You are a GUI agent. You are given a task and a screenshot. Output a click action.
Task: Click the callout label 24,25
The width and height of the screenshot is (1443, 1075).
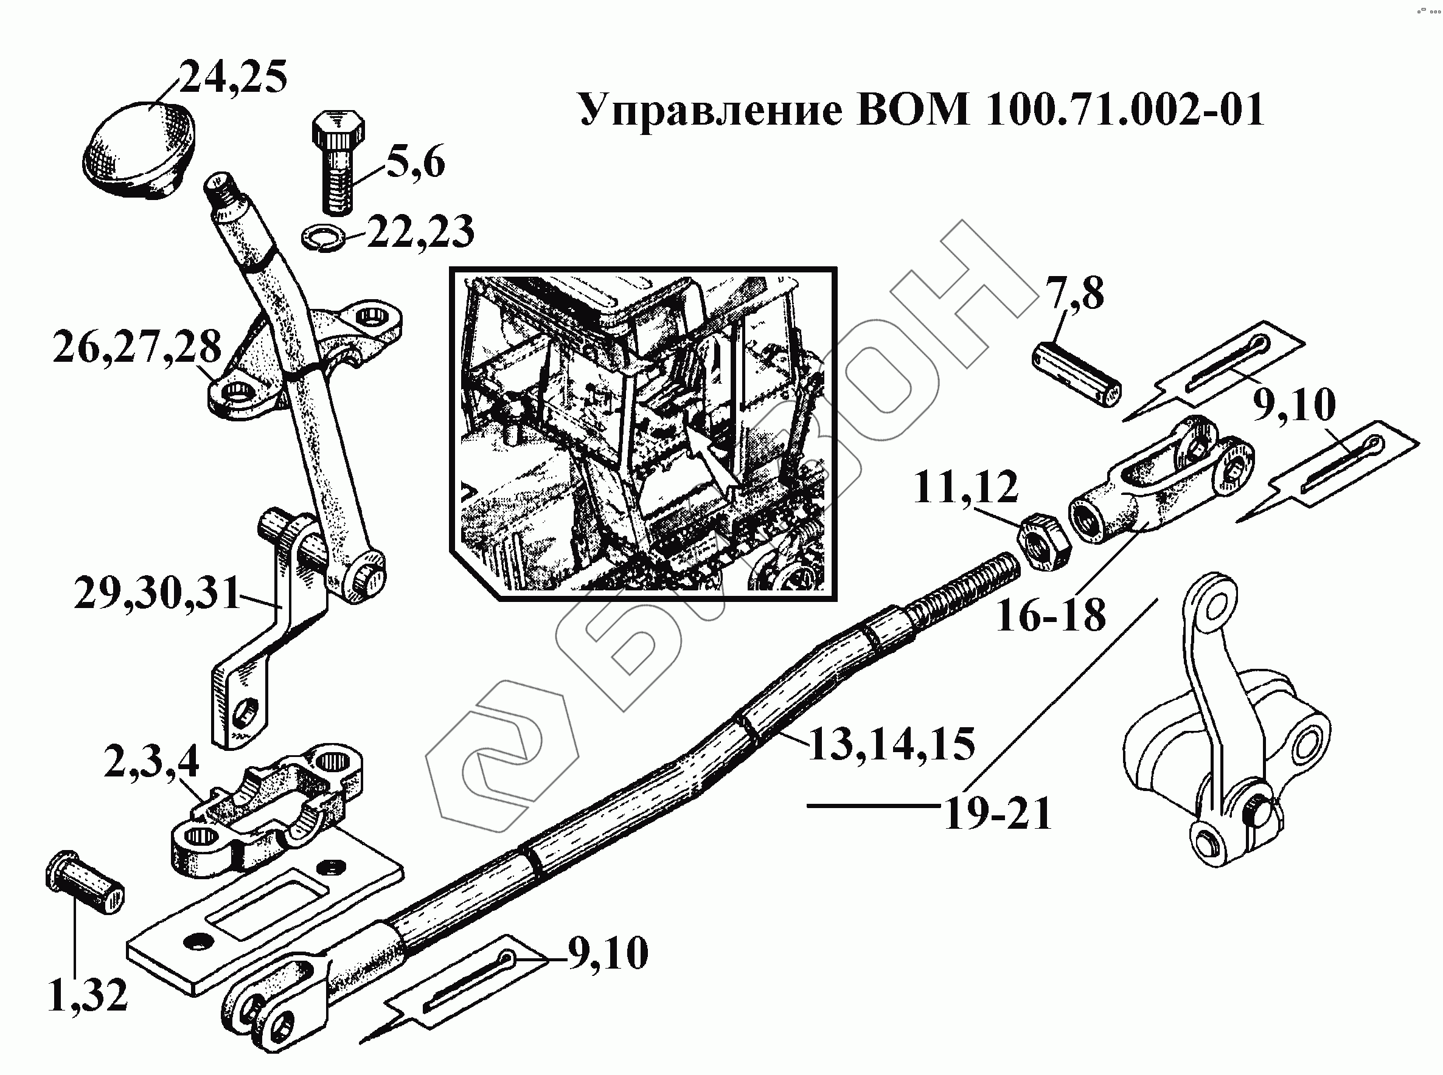232,78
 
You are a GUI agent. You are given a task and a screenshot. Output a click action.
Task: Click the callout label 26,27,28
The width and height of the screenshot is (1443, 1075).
137,348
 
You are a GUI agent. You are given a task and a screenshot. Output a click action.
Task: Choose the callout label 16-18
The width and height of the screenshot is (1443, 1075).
1051,615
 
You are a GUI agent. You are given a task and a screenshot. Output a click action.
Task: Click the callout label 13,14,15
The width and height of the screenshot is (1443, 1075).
891,744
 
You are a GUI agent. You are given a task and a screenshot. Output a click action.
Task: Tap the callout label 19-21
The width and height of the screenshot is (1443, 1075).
998,814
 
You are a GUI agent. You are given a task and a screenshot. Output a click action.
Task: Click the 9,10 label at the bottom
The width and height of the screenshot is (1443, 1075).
608,954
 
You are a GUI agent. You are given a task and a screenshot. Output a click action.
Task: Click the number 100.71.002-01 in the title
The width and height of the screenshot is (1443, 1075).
1125,109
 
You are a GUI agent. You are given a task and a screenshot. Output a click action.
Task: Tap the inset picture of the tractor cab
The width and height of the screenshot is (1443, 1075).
642,434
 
